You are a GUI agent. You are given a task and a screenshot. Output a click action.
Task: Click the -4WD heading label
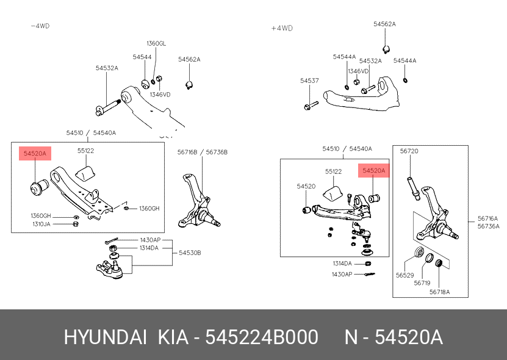pyautogui.click(x=40, y=26)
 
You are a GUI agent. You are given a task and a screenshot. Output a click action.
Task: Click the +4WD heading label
pyautogui.click(x=282, y=28)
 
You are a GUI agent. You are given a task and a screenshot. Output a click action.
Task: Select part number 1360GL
pyautogui.click(x=156, y=43)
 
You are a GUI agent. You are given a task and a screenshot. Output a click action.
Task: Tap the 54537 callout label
pyautogui.click(x=309, y=81)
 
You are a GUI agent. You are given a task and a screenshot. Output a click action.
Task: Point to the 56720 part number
pyautogui.click(x=409, y=150)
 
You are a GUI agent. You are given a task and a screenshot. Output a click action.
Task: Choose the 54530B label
pyautogui.click(x=190, y=252)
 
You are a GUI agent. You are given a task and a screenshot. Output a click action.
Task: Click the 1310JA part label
pyautogui.click(x=41, y=224)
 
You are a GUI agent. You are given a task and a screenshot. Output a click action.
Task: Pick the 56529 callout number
pyautogui.click(x=405, y=275)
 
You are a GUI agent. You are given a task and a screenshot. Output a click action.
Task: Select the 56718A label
pyautogui.click(x=439, y=292)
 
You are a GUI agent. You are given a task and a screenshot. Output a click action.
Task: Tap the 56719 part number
pyautogui.click(x=422, y=283)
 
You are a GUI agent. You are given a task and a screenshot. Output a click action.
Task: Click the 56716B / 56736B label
pyautogui.click(x=203, y=152)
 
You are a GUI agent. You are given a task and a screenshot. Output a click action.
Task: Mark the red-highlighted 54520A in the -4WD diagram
pyautogui.click(x=35, y=154)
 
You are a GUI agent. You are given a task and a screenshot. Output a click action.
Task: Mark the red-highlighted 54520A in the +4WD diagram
pyautogui.click(x=373, y=171)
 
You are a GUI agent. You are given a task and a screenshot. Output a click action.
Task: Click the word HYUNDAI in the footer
pyautogui.click(x=105, y=337)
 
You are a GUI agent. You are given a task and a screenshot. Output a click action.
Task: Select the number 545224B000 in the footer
pyautogui.click(x=261, y=337)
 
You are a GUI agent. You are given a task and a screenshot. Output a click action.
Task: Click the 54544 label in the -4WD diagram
pyautogui.click(x=142, y=57)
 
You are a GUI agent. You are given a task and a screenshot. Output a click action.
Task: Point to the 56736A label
pyautogui.click(x=488, y=226)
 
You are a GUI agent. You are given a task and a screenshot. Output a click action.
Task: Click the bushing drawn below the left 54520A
pyautogui.click(x=36, y=187)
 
